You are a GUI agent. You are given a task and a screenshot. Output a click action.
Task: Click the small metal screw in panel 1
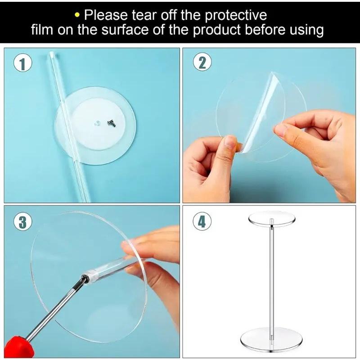(109, 121)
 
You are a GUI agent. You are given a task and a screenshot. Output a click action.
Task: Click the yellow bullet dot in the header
(78, 16)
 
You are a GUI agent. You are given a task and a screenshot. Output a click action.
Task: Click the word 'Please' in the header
(107, 15)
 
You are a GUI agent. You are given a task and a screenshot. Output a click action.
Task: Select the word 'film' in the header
(43, 30)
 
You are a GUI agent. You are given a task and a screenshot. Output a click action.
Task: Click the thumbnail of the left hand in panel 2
(230, 143)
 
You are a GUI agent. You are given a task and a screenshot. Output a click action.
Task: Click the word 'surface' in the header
(129, 30)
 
